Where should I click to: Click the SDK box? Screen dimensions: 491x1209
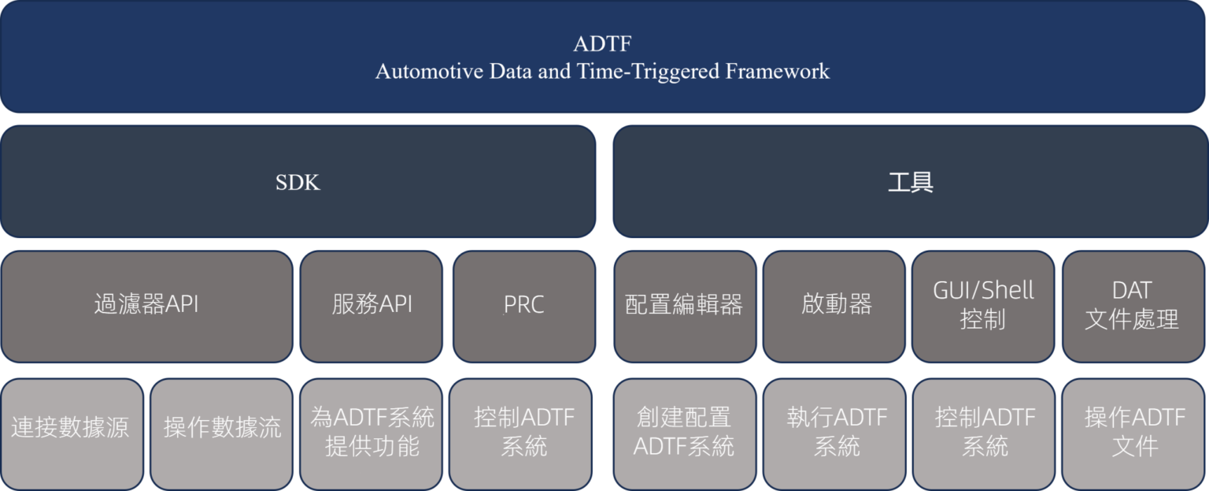click(298, 182)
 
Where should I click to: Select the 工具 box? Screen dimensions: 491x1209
click(910, 182)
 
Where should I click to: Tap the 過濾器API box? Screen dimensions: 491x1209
click(146, 306)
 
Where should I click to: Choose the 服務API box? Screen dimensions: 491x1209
click(372, 306)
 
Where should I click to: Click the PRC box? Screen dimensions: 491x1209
click(523, 306)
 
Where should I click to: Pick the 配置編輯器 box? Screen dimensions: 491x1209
click(684, 306)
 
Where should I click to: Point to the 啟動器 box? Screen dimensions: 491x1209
click(836, 306)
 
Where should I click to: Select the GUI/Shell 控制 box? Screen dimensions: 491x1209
click(983, 306)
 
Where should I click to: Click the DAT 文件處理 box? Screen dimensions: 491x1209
click(1133, 306)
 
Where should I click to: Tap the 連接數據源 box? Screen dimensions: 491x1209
click(71, 432)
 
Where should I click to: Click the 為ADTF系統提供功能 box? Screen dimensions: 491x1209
click(372, 432)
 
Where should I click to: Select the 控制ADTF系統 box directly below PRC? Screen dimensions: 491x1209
click(523, 432)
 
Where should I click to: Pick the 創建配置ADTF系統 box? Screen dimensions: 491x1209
click(684, 432)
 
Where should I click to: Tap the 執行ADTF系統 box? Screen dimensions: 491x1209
click(836, 432)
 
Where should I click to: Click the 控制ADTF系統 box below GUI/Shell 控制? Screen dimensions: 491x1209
click(984, 432)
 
